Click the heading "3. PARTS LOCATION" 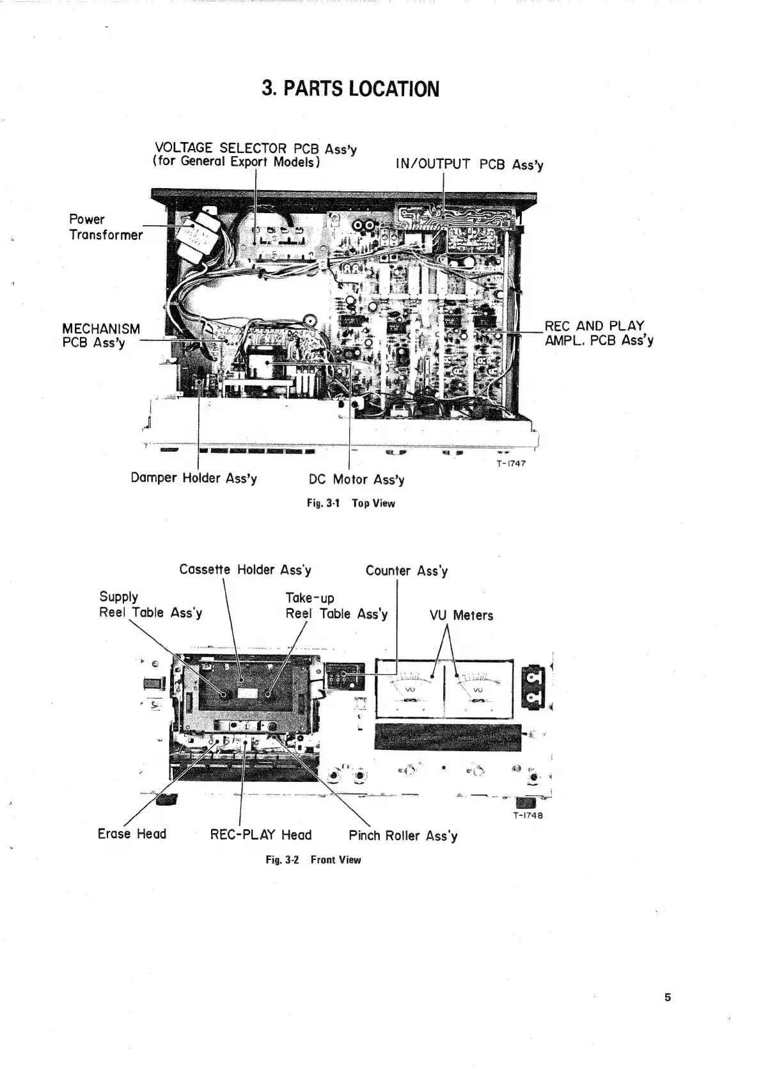[x=350, y=88]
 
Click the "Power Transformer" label [x=106, y=227]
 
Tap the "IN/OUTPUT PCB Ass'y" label [x=469, y=164]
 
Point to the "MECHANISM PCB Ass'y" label [x=100, y=336]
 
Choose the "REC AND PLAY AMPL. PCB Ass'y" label [x=599, y=333]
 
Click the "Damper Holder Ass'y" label [x=194, y=478]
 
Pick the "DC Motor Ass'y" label [x=356, y=479]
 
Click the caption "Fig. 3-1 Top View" [x=350, y=504]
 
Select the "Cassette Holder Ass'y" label [x=245, y=569]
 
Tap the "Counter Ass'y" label [x=406, y=571]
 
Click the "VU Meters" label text [x=461, y=616]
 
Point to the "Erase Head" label [x=132, y=834]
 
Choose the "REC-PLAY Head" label [x=260, y=835]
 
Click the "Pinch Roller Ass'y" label [x=403, y=836]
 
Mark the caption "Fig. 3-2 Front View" [x=313, y=860]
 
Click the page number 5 [x=668, y=997]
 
